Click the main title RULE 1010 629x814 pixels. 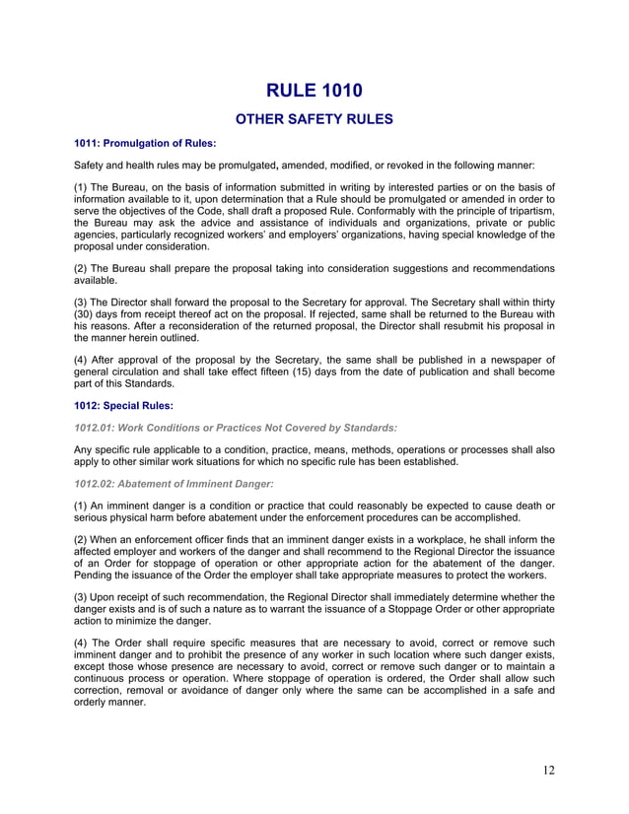tap(314, 91)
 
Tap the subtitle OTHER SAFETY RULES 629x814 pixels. tap(314, 120)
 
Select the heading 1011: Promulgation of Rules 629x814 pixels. tap(145, 144)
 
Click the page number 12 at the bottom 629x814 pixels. tap(548, 770)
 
